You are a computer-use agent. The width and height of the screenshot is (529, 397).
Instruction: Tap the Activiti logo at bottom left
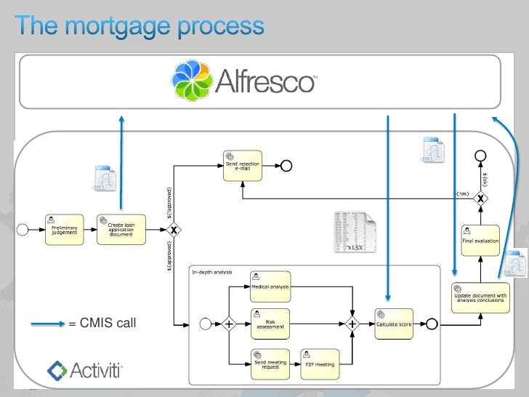click(x=85, y=371)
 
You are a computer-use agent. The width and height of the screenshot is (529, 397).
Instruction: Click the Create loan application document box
click(x=121, y=229)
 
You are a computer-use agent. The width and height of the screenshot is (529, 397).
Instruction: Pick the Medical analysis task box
click(x=270, y=286)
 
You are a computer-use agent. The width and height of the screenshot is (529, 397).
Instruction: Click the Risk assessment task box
click(x=270, y=323)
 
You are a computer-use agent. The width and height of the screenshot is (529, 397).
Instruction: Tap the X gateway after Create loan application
click(x=174, y=230)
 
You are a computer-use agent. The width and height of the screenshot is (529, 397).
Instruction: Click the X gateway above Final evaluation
click(x=480, y=197)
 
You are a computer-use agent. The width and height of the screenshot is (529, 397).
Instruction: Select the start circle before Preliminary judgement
click(x=23, y=230)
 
